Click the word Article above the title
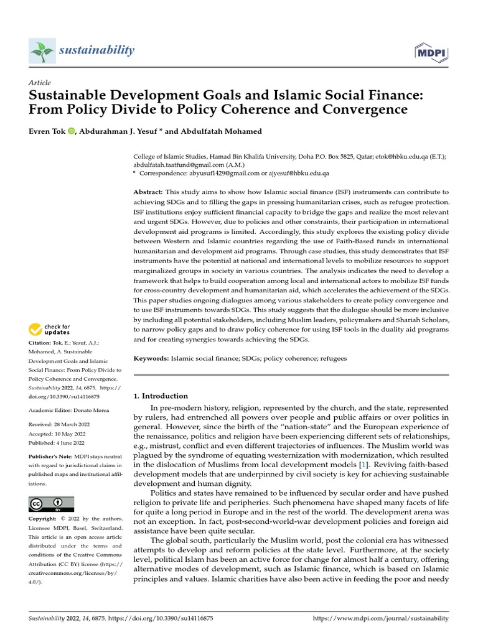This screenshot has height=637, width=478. pyautogui.click(x=40, y=83)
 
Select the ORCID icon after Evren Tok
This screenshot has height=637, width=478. pyautogui.click(x=70, y=131)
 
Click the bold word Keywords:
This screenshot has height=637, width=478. pyautogui.click(x=151, y=359)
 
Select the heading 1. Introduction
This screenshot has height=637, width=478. pyautogui.click(x=161, y=396)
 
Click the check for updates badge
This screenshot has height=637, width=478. pyautogui.click(x=50, y=328)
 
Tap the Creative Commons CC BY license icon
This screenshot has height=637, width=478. pyautogui.click(x=51, y=504)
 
